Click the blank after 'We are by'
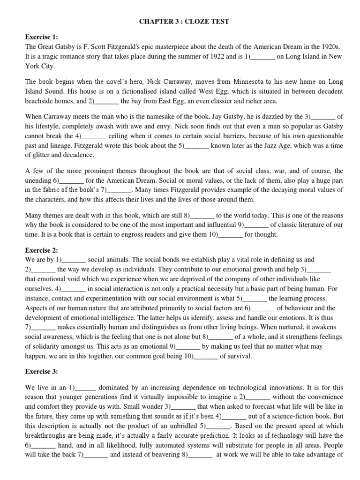tap(74, 259)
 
